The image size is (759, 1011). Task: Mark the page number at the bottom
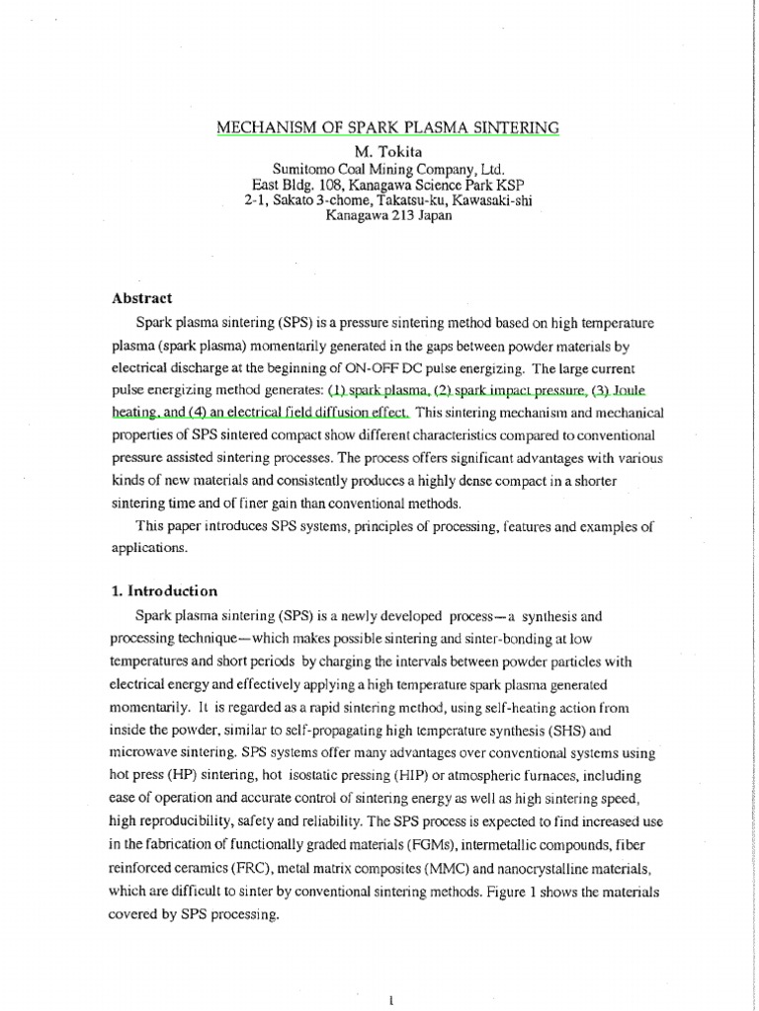(x=393, y=999)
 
